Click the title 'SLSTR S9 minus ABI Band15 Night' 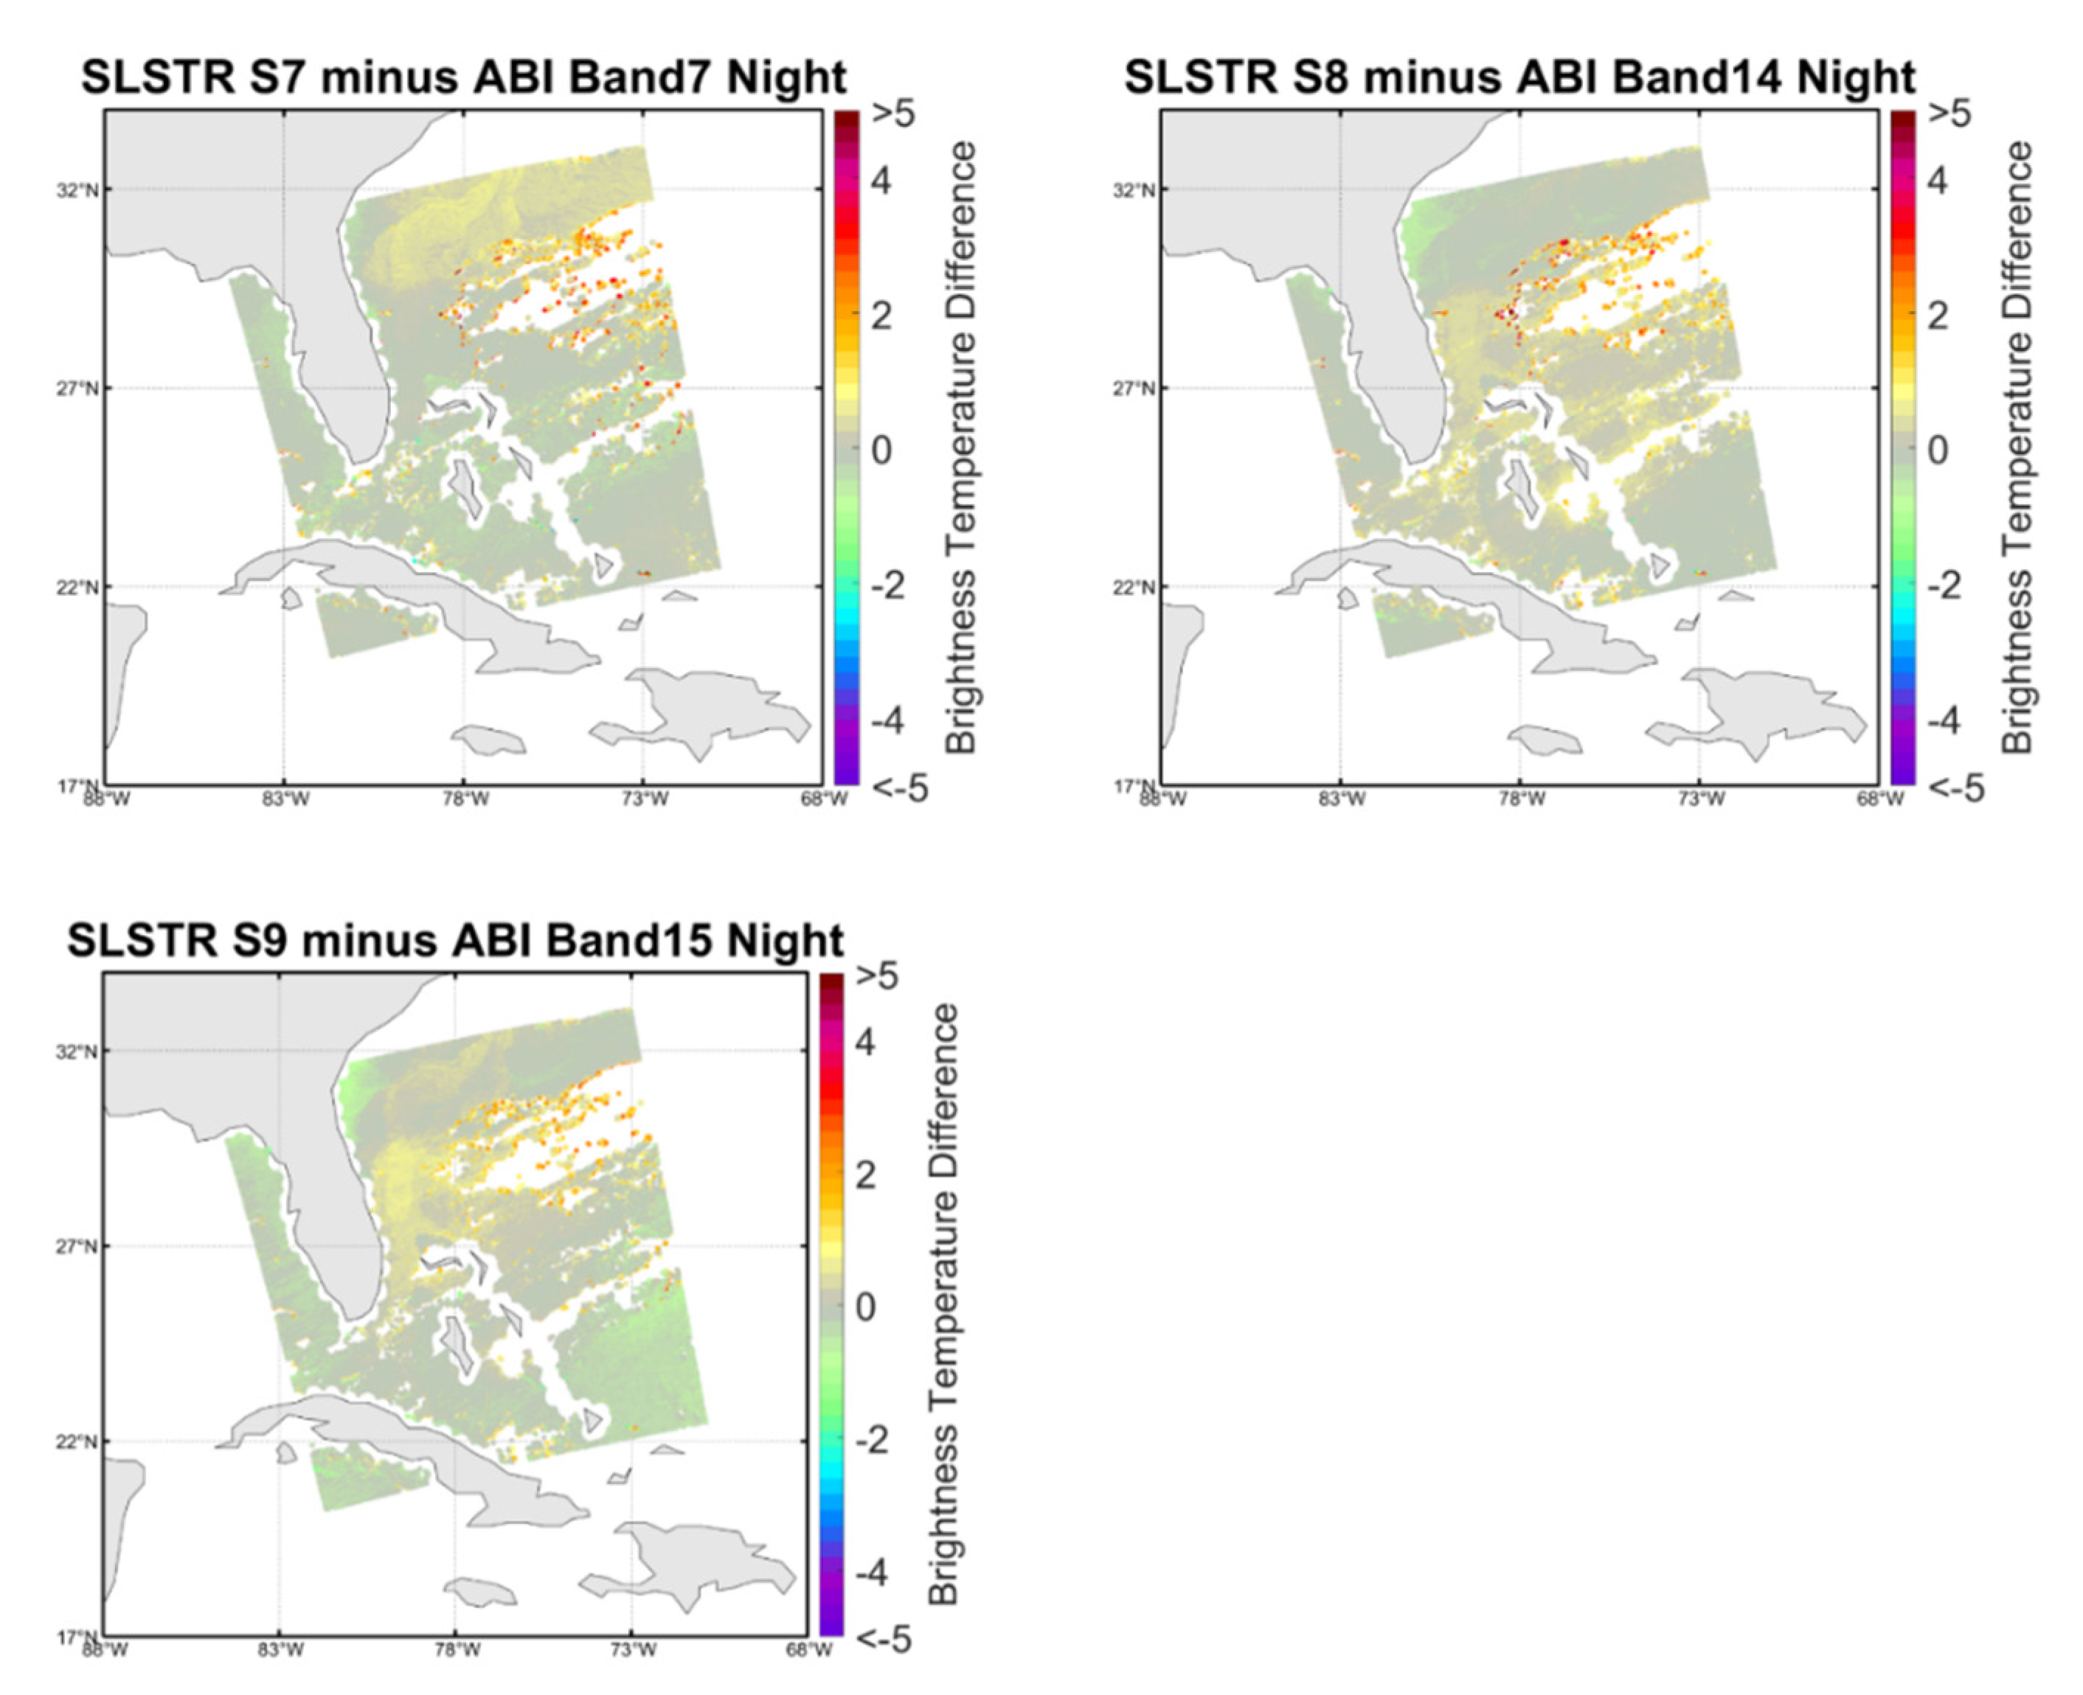click(455, 940)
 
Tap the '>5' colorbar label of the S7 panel click(893, 114)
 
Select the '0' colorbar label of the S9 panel click(865, 1307)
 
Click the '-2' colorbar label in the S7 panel click(887, 586)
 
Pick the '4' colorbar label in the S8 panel click(1936, 181)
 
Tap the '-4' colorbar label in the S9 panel click(870, 1573)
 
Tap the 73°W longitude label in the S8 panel click(1700, 801)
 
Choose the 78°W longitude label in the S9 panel click(456, 1651)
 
